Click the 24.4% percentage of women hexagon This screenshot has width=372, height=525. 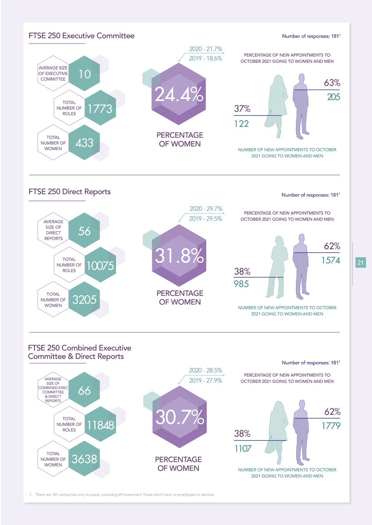tap(179, 94)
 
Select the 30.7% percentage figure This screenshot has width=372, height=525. tap(179, 417)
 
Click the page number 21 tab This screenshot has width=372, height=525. tap(361, 262)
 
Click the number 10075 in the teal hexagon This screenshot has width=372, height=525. tap(100, 265)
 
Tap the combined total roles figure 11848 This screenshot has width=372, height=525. tap(100, 424)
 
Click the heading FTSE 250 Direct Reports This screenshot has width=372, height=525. tap(70, 192)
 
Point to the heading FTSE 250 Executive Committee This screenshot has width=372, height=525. tap(81, 35)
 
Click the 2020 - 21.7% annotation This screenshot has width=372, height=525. tap(205, 49)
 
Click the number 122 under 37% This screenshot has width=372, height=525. tap(241, 124)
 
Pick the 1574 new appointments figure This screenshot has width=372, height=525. tap(330, 261)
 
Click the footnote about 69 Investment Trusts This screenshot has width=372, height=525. tap(122, 494)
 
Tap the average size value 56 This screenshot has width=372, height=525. tap(84, 231)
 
